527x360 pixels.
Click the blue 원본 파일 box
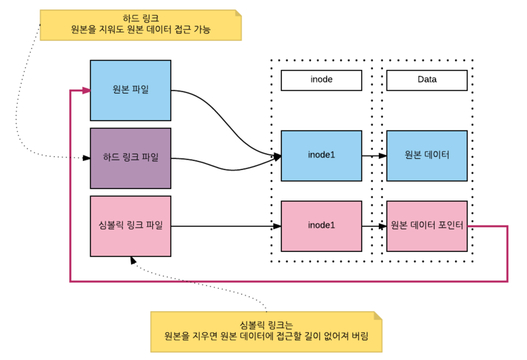coord(130,90)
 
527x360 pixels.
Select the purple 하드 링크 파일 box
coord(130,158)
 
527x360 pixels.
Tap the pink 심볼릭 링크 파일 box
coord(130,225)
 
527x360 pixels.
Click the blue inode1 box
coord(321,156)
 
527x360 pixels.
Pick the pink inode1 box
coord(321,225)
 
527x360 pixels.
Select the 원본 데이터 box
coord(427,156)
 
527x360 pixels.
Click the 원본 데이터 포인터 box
coord(427,225)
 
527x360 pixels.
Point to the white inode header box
coord(321,80)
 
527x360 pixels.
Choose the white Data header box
coord(427,80)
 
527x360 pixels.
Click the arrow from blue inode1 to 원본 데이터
coord(374,156)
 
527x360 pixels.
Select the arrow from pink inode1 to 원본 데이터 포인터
coord(374,226)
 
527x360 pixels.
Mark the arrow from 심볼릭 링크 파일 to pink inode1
coord(224,226)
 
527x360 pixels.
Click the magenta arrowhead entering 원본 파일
coord(86,90)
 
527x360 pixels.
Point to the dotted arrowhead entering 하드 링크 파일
coord(86,158)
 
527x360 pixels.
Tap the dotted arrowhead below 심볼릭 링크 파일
coord(133,260)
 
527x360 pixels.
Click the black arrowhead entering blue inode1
coord(277,156)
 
